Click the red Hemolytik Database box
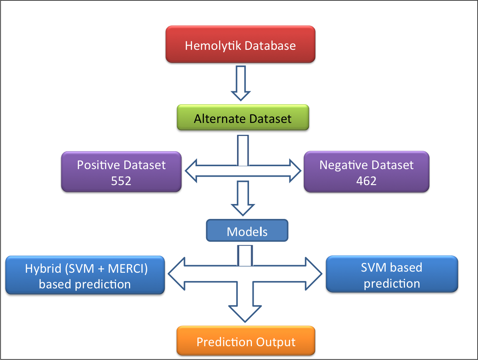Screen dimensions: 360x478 click(x=240, y=44)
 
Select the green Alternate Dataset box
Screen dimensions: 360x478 click(x=243, y=118)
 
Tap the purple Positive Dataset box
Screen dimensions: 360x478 click(x=121, y=172)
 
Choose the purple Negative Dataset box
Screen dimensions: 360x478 click(x=366, y=172)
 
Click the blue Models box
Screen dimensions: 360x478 click(x=247, y=231)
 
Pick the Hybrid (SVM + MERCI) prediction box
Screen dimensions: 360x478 click(x=85, y=275)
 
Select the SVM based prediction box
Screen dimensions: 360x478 click(x=392, y=275)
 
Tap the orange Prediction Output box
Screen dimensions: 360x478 click(x=246, y=341)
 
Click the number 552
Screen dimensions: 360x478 click(x=121, y=181)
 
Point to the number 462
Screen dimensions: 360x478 click(x=366, y=181)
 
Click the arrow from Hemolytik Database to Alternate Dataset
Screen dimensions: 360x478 click(x=241, y=83)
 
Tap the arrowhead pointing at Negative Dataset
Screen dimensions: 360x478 click(x=295, y=171)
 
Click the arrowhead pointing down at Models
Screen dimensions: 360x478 click(x=243, y=209)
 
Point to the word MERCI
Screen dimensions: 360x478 click(x=128, y=269)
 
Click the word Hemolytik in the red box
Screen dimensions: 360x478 click(x=213, y=46)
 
